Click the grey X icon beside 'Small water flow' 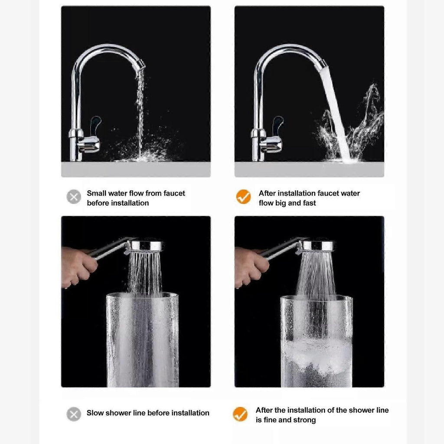[74, 196]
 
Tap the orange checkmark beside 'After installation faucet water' [244, 196]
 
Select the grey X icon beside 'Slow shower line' [74, 414]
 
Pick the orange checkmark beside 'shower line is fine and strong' [240, 414]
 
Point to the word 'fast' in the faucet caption [309, 203]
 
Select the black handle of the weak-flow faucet [95, 125]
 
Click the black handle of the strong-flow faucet [277, 125]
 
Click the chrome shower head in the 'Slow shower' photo [144, 246]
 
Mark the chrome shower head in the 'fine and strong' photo [317, 246]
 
